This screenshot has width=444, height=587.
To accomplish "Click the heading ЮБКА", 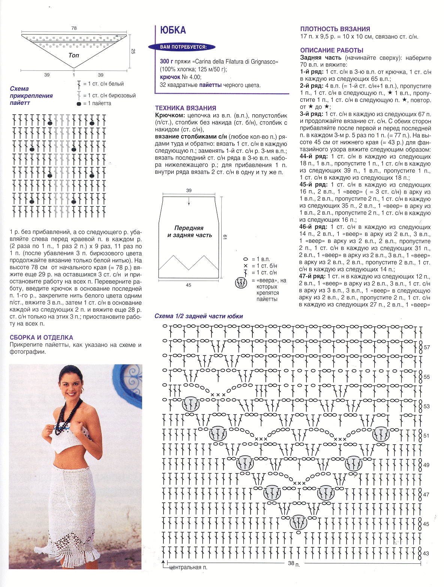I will pyautogui.click(x=173, y=30).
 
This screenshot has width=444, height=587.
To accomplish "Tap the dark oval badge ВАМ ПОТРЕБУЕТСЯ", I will pyautogui.click(x=183, y=47).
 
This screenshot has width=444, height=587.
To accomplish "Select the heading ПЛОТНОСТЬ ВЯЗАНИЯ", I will pyautogui.click(x=335, y=29).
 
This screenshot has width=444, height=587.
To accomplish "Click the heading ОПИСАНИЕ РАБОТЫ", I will pyautogui.click(x=331, y=50).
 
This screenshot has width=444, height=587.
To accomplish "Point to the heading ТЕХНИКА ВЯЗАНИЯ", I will pyautogui.click(x=186, y=108).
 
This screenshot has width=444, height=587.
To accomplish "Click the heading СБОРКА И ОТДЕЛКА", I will pyautogui.click(x=41, y=338).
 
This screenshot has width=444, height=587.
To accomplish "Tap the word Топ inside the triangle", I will pyautogui.click(x=74, y=55).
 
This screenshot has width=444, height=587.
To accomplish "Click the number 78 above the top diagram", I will pyautogui.click(x=74, y=28).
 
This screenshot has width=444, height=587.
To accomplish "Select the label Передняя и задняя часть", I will pyautogui.click(x=189, y=232).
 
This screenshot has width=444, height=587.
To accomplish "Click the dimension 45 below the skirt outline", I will pyautogui.click(x=188, y=285).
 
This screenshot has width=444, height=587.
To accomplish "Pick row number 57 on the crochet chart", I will pyautogui.click(x=427, y=347).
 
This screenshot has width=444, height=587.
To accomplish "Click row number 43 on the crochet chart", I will pyautogui.click(x=426, y=553).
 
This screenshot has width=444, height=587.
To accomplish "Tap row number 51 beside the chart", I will pyautogui.click(x=426, y=436).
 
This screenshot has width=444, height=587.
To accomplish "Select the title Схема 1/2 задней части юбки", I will pyautogui.click(x=199, y=316).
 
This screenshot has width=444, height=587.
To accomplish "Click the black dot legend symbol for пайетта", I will pyautogui.click(x=79, y=104).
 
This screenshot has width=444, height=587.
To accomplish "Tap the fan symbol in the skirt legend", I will pyautogui.click(x=241, y=283).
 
